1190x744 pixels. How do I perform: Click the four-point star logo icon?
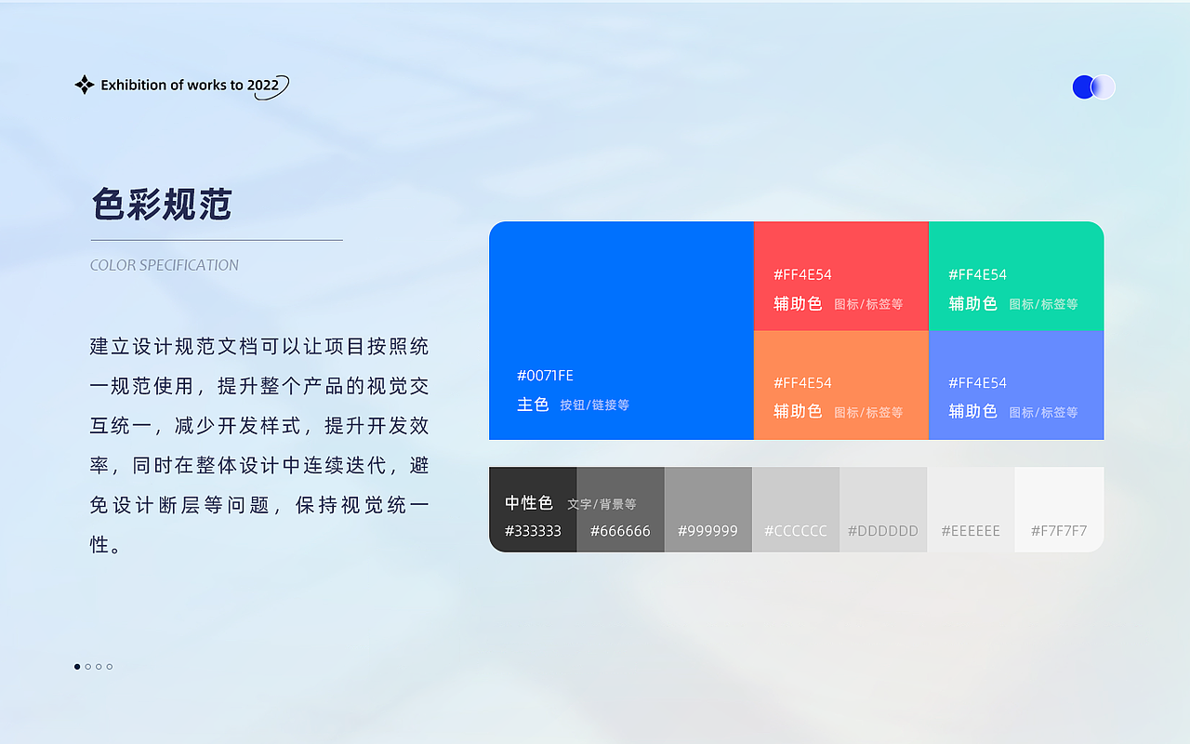[x=85, y=86]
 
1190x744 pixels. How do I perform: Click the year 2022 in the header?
[x=263, y=86]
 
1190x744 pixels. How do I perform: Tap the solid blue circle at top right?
[x=1083, y=87]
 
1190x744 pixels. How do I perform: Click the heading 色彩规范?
[x=162, y=204]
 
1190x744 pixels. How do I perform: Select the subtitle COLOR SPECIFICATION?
[x=165, y=265]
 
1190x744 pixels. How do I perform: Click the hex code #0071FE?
[x=545, y=376]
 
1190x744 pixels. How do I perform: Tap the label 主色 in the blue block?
[x=533, y=405]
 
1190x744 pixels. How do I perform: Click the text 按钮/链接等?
[x=595, y=405]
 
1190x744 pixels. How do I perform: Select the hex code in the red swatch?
[x=802, y=275]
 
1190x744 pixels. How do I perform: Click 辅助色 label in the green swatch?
[x=972, y=303]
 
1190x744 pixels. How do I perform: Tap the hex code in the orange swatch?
[x=802, y=383]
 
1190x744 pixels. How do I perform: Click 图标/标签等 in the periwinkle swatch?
[x=1043, y=412]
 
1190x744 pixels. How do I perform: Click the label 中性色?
[x=529, y=503]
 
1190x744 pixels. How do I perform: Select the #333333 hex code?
[x=533, y=531]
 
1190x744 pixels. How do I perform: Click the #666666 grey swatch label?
[x=620, y=531]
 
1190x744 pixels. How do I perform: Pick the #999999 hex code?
[x=707, y=531]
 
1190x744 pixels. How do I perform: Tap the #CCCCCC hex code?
[x=795, y=531]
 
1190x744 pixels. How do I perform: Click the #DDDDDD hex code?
[x=882, y=531]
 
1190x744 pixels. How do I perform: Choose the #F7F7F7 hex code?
[x=1059, y=531]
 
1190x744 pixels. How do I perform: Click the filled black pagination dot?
[x=77, y=667]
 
